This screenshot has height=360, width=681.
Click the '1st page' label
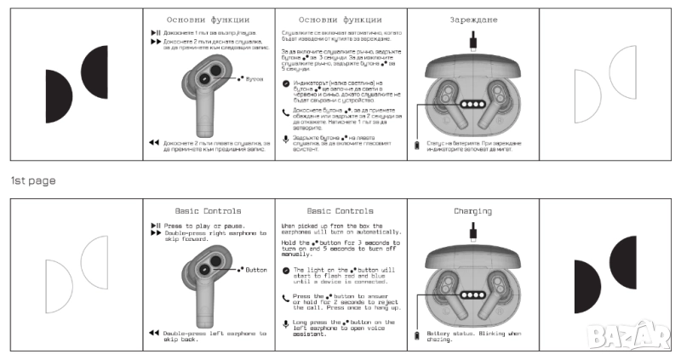point(28,180)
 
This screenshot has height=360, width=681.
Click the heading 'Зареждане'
point(473,19)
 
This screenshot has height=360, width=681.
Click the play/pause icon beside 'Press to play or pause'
point(154,225)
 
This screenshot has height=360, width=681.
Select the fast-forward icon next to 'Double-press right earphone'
point(154,232)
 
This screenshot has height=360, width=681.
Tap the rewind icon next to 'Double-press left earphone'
point(154,333)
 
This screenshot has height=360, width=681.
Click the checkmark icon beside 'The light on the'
point(286,270)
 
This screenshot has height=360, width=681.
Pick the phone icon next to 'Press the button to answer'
point(286,298)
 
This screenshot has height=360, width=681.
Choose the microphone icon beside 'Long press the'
point(286,324)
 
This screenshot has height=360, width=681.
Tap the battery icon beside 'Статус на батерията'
point(417,146)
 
